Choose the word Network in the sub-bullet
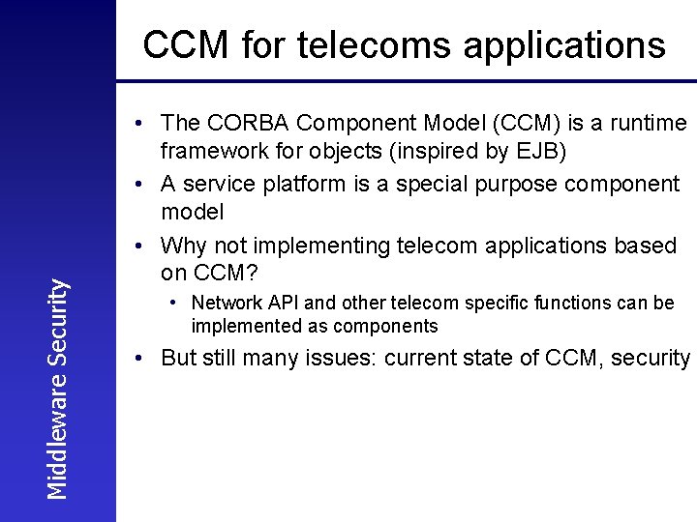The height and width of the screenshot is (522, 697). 226,304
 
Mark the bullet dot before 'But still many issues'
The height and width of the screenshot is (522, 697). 141,359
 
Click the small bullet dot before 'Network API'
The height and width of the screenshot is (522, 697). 171,304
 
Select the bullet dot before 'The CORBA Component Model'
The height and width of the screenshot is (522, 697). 141,124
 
